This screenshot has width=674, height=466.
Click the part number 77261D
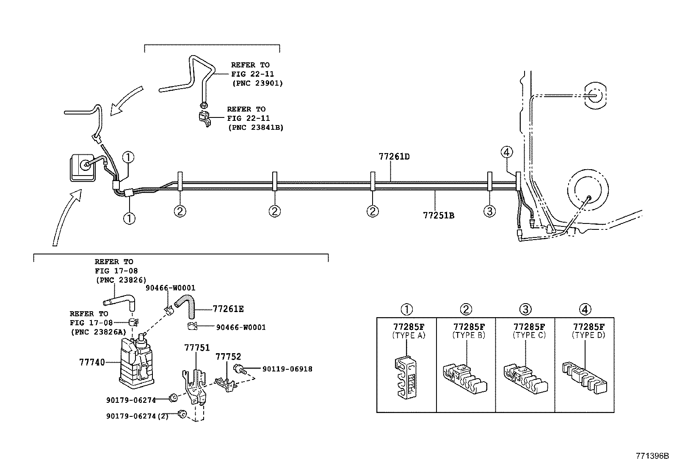click(394, 156)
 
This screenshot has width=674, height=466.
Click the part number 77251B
click(439, 215)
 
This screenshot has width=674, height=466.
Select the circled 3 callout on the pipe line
click(489, 211)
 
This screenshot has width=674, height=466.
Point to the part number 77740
click(92, 362)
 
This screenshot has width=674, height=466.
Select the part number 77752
click(228, 357)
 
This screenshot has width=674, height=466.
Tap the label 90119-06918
click(287, 369)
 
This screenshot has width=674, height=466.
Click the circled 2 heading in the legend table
click(466, 310)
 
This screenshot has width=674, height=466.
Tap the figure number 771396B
click(652, 456)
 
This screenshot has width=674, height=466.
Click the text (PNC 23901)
click(257, 83)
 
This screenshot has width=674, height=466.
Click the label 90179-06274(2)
click(137, 416)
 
